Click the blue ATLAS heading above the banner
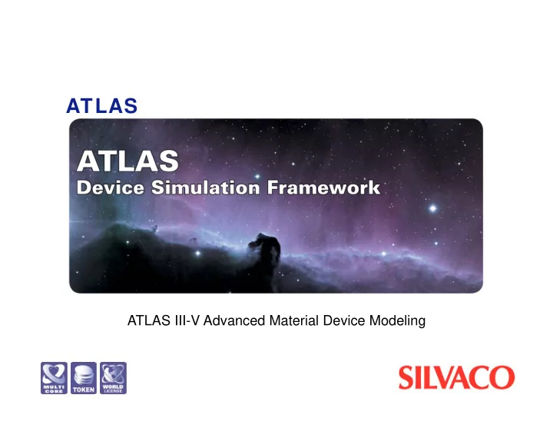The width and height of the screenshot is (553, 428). (101, 105)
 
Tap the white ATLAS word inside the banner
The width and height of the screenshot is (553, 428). (127, 161)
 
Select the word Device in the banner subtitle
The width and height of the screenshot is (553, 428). (111, 187)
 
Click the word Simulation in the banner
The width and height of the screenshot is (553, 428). (206, 187)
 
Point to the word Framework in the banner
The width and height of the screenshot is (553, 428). (323, 187)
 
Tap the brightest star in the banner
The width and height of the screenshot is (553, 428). (432, 208)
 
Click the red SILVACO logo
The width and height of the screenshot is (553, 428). (456, 377)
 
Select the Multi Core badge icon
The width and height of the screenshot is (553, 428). (54, 378)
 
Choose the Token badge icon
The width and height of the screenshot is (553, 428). (84, 378)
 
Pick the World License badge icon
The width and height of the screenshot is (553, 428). (113, 378)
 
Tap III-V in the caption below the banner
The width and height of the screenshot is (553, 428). (187, 320)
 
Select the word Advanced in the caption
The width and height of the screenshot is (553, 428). (234, 320)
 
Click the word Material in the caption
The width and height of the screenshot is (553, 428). (293, 320)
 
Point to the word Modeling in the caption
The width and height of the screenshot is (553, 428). (398, 321)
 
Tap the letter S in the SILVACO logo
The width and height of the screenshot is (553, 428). (406, 377)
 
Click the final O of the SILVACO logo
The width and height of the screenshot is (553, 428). (502, 377)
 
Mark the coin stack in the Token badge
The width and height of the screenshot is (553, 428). (84, 375)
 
